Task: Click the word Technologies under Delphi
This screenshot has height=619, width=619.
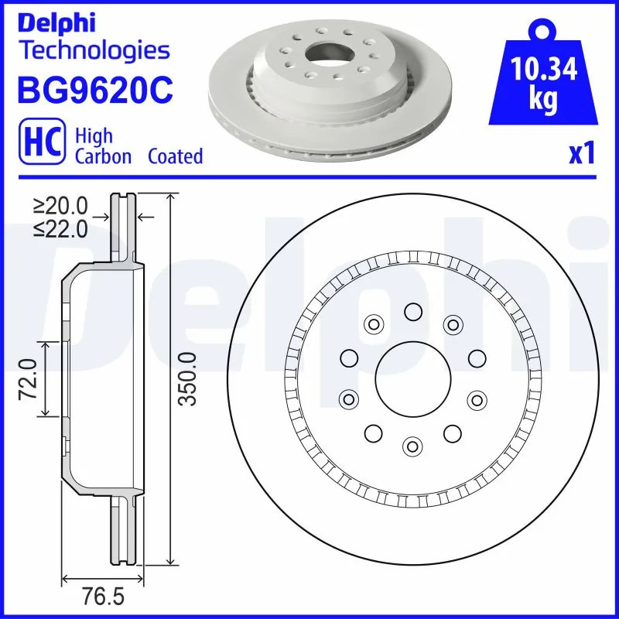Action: point(94,51)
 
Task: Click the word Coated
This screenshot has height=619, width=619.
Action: point(175,156)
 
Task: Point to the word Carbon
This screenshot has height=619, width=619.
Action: point(103,156)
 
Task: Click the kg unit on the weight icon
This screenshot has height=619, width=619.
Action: point(545,101)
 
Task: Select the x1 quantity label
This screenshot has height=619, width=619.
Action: point(582,154)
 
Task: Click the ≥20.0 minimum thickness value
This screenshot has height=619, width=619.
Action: point(61,206)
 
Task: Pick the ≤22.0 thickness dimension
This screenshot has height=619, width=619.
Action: point(61,228)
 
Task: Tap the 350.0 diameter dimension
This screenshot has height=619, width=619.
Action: point(188,379)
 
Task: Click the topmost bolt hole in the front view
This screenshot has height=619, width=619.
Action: point(412,311)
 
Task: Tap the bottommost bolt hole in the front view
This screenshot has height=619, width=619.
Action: point(412,446)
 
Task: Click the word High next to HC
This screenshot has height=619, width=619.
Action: point(94,136)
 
